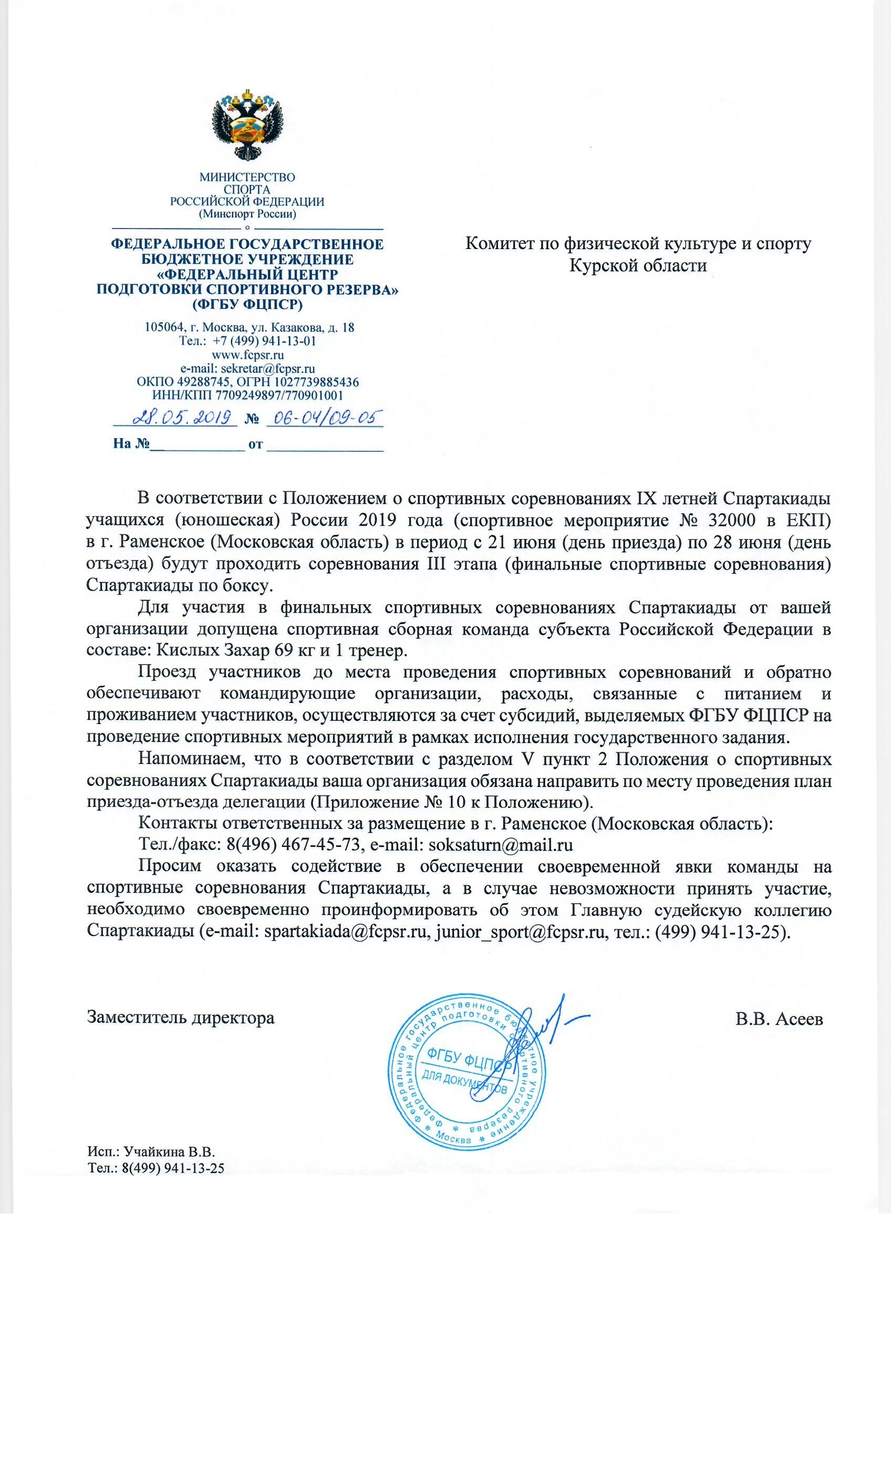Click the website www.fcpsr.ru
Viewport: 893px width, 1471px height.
point(248,355)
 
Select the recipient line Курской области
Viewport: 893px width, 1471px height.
point(638,266)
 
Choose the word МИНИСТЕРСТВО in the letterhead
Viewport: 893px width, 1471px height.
point(247,178)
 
